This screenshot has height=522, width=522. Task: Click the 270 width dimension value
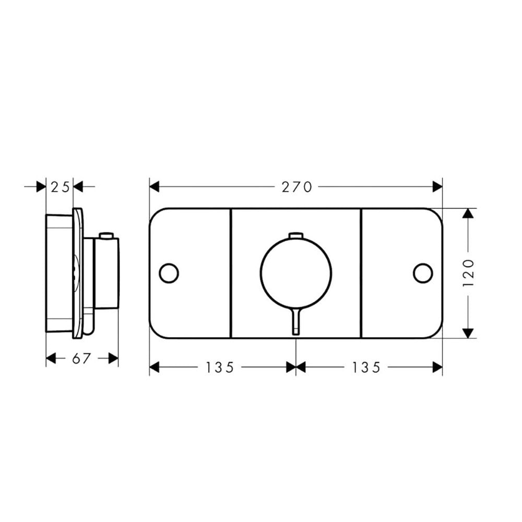296,186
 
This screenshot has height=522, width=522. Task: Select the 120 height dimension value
468,273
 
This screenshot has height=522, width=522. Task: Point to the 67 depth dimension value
82,358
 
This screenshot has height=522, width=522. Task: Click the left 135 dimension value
219,367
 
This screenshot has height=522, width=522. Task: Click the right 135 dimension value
365,367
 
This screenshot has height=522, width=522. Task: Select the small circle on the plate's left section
169,273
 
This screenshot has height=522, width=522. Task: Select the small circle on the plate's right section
423,273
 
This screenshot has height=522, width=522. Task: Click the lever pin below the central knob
296,321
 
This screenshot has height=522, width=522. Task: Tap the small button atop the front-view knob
296,235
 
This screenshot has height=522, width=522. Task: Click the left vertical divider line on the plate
230,273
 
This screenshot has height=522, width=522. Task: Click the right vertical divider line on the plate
361,273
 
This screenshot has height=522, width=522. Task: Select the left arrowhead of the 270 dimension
154,186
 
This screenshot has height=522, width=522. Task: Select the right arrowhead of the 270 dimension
437,186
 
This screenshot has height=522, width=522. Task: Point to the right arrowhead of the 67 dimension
113,358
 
